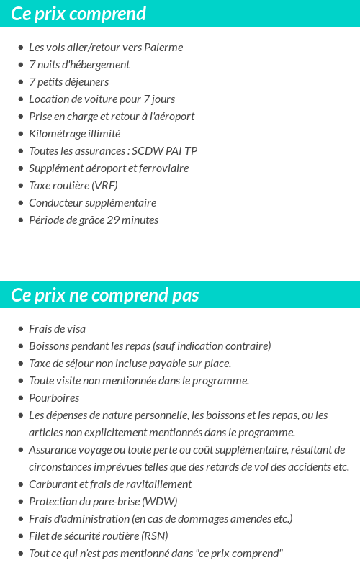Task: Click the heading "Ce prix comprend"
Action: coord(78,14)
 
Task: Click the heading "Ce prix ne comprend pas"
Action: coord(105,295)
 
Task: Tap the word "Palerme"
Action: coord(163,48)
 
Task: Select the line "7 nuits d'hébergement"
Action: coord(79,65)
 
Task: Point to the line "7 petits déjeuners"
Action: coord(69,82)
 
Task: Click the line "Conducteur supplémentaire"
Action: coord(92,203)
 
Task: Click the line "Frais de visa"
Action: coord(57,329)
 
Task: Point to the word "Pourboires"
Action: coord(54,398)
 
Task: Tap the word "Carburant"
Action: coord(53,484)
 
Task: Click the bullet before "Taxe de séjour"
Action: coord(20,364)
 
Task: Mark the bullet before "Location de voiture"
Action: coord(20,99)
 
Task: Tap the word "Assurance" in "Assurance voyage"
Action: coord(53,450)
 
